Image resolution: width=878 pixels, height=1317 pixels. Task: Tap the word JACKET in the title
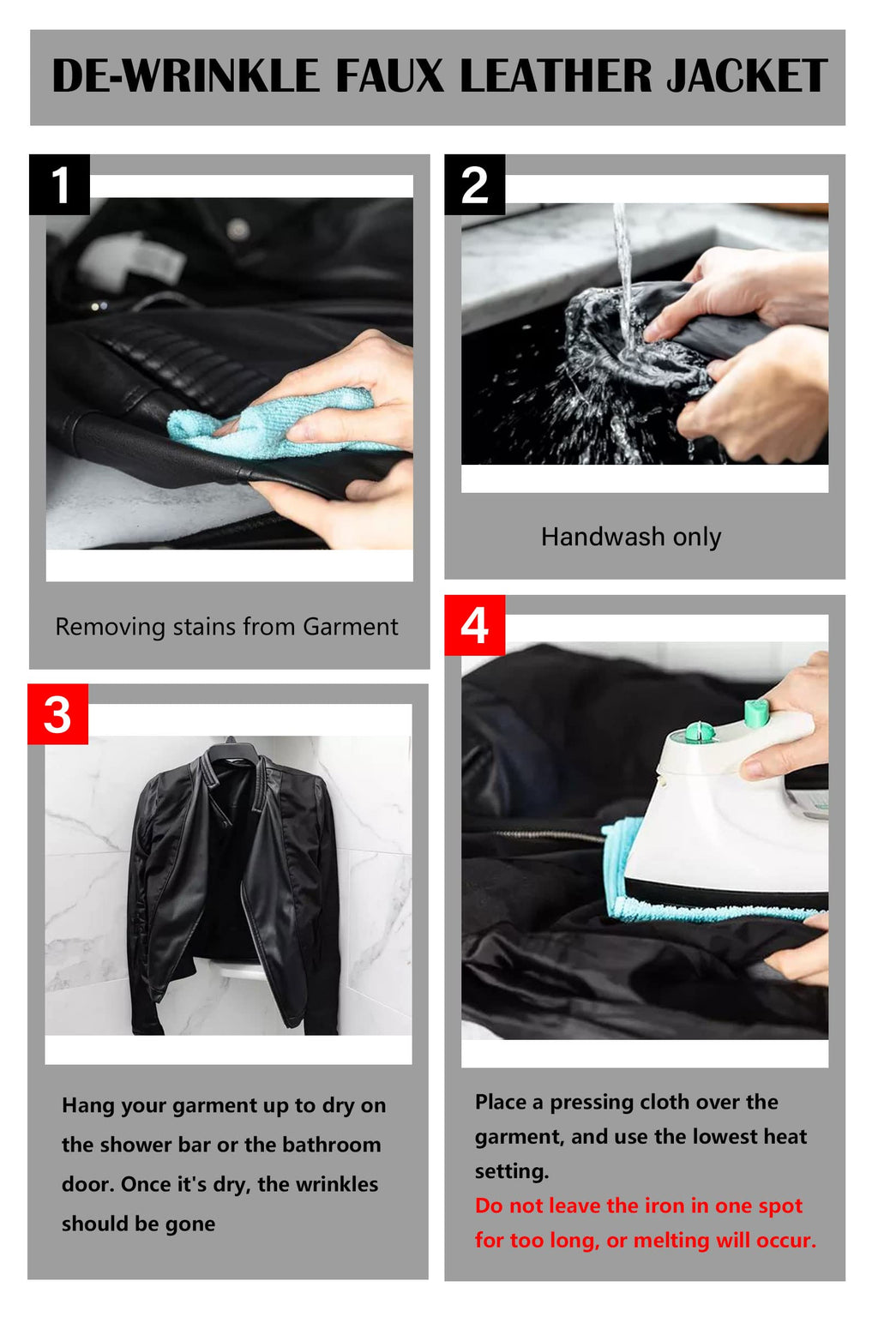tap(747, 75)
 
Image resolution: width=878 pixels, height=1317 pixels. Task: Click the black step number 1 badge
tap(59, 184)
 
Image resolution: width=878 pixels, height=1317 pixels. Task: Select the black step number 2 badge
tap(474, 184)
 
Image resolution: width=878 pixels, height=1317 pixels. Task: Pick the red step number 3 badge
tap(57, 714)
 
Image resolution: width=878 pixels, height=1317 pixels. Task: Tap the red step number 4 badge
tap(474, 626)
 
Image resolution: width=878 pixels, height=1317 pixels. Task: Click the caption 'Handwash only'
tap(631, 537)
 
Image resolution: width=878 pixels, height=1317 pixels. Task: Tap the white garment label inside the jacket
tap(132, 259)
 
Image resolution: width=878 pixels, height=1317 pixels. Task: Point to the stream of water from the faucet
tap(623, 276)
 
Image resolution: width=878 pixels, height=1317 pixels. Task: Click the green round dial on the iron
tap(699, 731)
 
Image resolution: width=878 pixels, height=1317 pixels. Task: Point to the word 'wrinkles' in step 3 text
tap(337, 1184)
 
